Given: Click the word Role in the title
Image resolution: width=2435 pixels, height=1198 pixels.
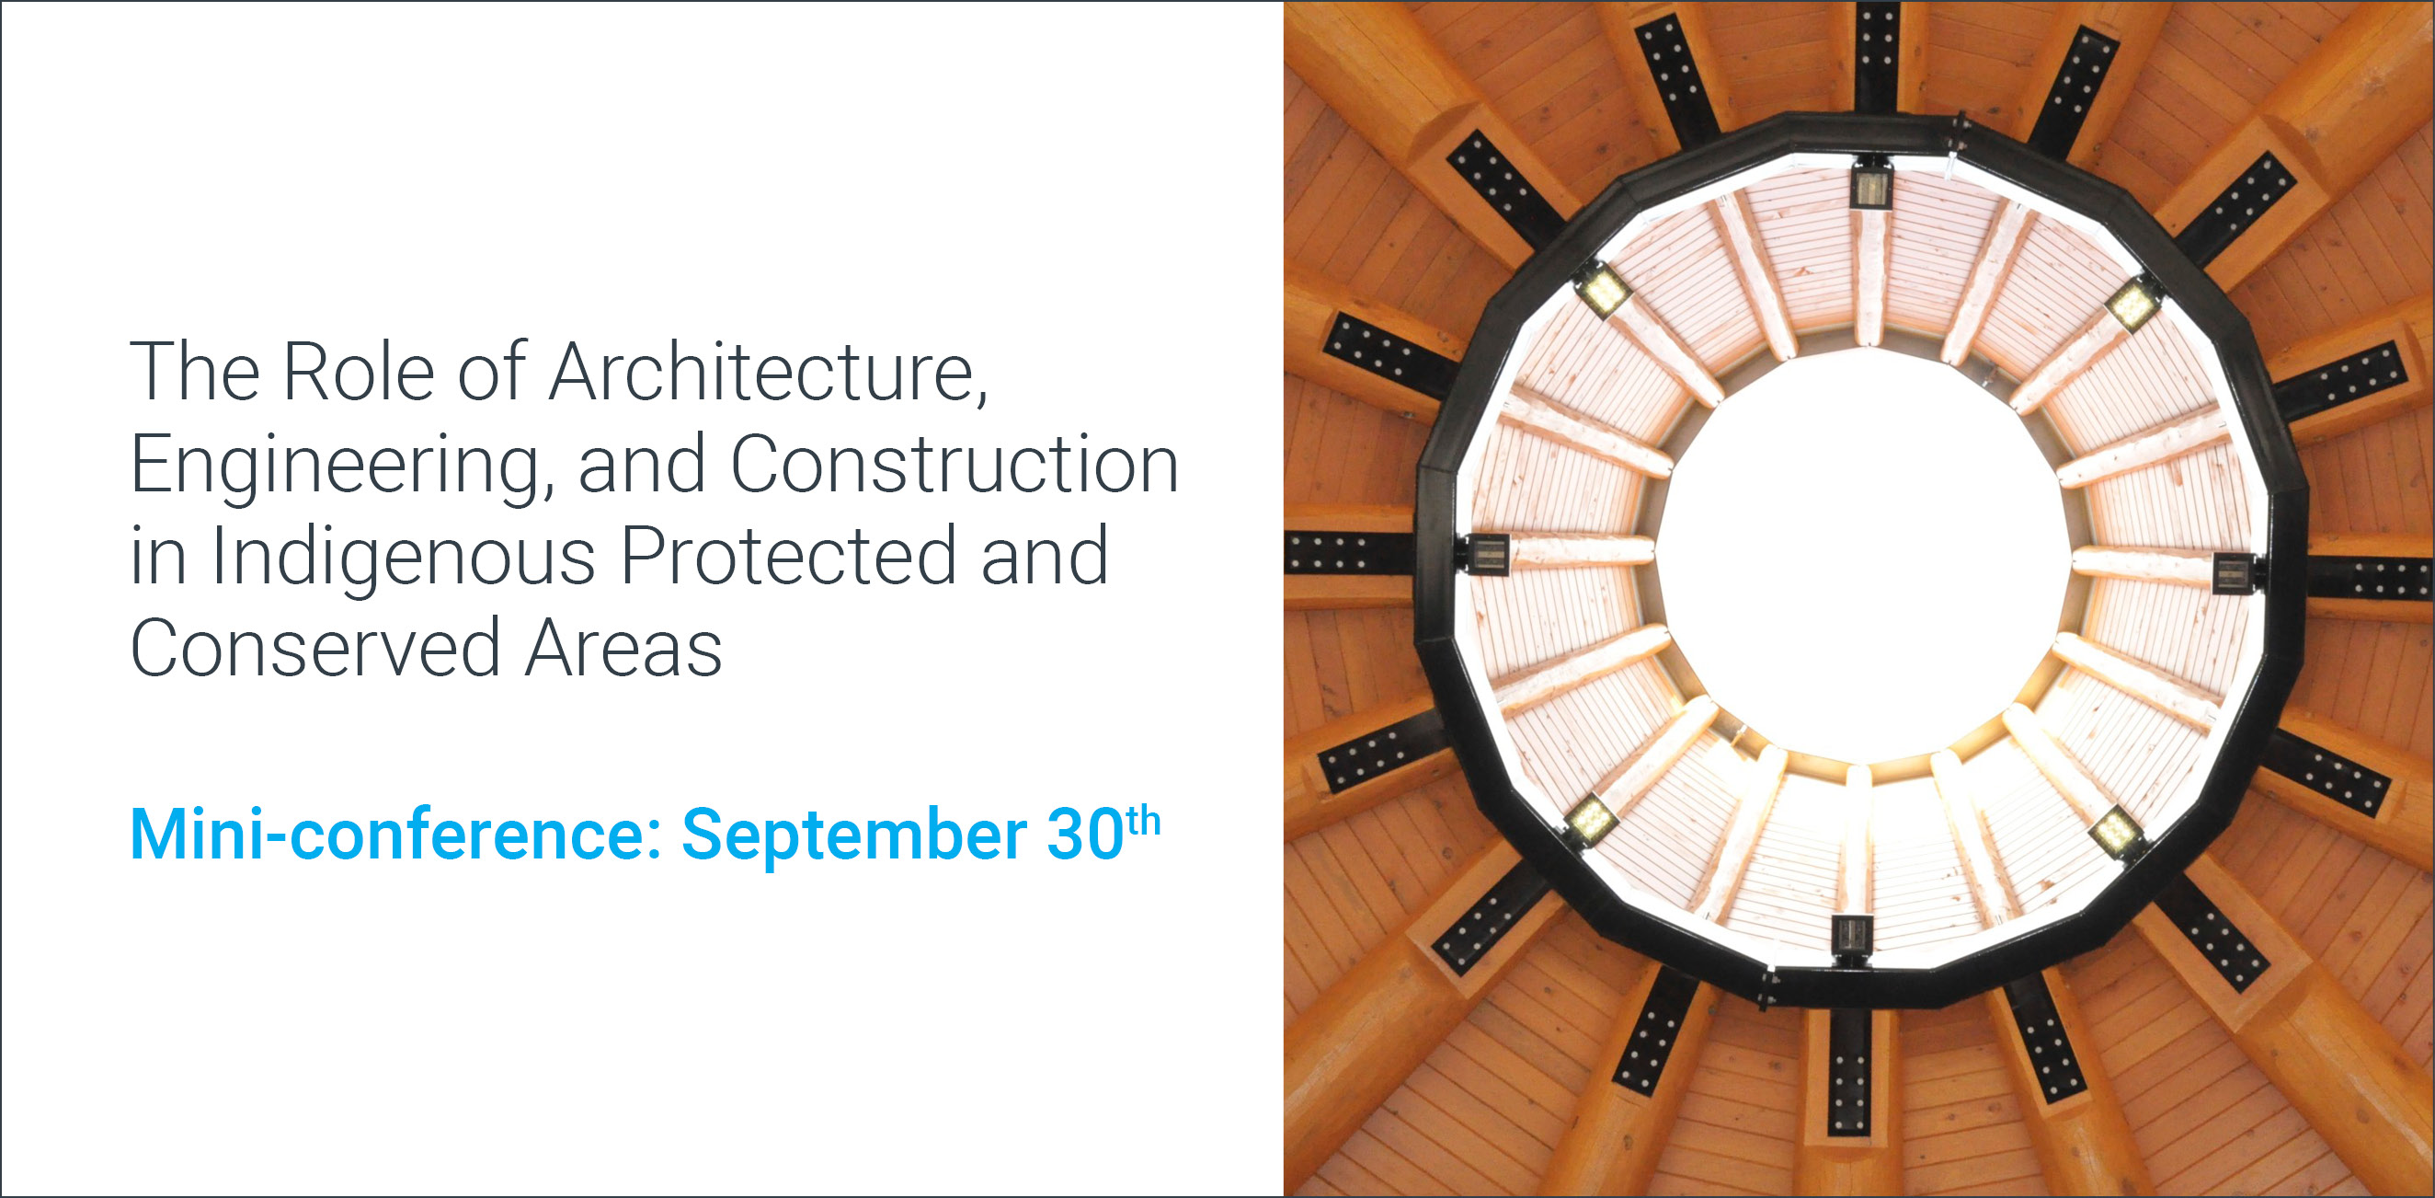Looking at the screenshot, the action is click(x=359, y=373).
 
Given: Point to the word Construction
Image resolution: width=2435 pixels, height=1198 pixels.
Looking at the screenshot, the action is click(x=955, y=465).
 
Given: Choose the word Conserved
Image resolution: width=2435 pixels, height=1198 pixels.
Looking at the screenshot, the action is click(x=315, y=649).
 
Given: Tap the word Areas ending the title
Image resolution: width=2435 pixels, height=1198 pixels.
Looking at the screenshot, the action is click(x=623, y=649).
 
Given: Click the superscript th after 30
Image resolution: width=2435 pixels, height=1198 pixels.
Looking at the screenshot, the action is click(x=1144, y=821).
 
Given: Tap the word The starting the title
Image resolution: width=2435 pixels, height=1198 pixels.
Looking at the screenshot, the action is click(x=195, y=373).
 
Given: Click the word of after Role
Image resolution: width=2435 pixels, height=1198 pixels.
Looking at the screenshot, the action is click(x=492, y=373).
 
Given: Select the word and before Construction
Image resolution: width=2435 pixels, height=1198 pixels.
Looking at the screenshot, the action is click(x=642, y=465).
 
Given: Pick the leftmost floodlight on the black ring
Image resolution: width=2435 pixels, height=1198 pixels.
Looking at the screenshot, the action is click(x=1488, y=554).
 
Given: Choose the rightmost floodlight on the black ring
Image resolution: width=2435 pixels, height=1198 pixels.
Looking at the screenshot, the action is click(x=2234, y=574).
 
